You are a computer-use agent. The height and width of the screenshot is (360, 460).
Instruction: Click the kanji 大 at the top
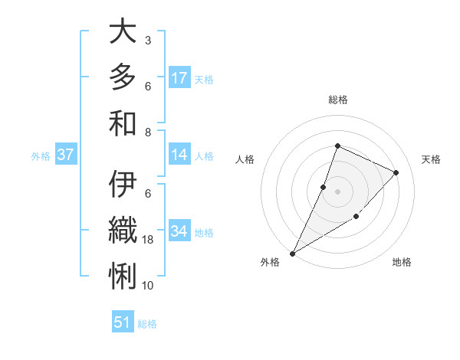123,33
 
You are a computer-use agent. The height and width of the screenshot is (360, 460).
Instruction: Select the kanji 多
123,77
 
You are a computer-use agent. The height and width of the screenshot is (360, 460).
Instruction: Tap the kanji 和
123,122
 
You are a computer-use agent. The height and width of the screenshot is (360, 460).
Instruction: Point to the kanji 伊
123,185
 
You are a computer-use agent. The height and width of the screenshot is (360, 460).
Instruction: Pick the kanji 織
123,230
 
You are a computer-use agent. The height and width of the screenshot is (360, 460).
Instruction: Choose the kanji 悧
123,275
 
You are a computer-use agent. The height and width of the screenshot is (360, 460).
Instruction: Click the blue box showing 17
179,77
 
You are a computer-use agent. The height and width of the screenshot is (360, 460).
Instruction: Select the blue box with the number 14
179,155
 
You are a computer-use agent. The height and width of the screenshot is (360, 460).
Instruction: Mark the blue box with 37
66,155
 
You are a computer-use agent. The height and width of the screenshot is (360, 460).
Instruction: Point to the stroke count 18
148,240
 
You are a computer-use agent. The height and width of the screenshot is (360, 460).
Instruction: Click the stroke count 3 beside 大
148,40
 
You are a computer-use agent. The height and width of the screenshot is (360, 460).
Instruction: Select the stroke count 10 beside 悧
148,286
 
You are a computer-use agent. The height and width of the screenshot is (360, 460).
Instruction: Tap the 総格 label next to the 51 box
147,324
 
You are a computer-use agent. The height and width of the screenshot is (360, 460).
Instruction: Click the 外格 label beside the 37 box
41,156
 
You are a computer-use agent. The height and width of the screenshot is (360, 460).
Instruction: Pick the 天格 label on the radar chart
431,159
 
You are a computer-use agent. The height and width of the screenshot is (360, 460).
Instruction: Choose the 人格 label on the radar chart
245,159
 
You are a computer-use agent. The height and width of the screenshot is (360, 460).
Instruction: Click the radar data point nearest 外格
292,254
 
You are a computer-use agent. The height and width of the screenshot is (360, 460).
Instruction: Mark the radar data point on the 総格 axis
337,146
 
